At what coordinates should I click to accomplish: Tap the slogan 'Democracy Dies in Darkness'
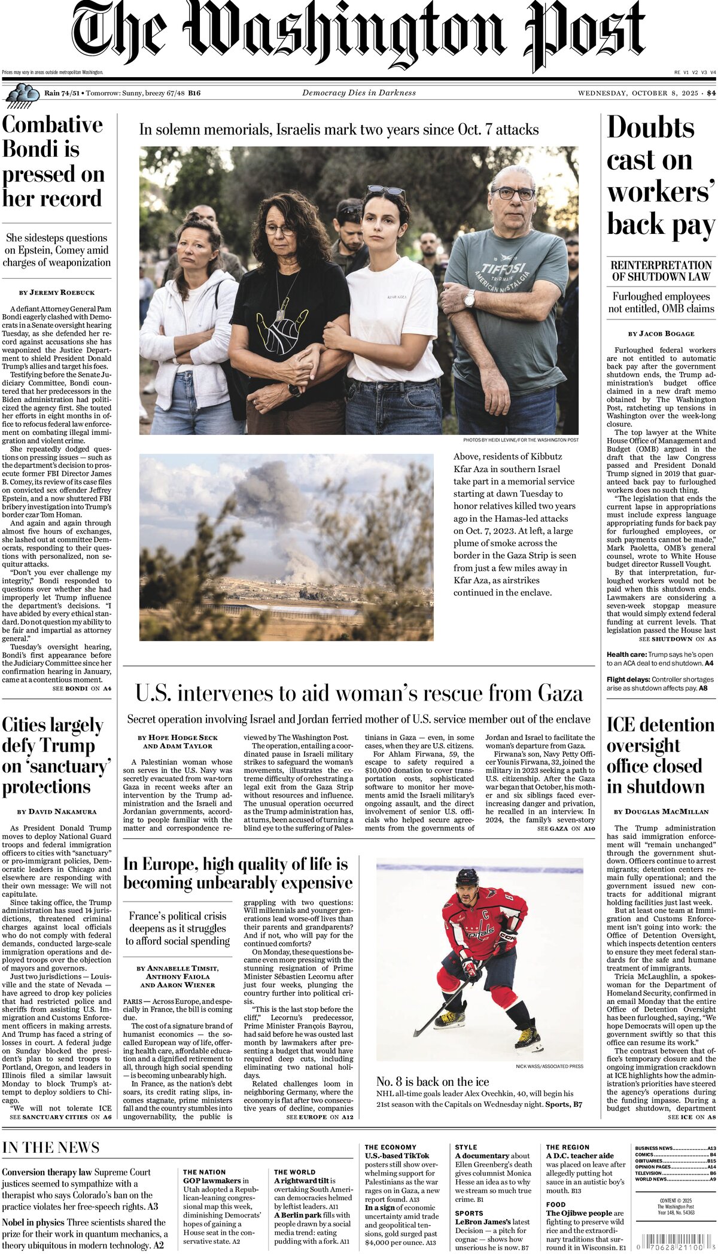359,93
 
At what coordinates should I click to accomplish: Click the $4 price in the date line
711,93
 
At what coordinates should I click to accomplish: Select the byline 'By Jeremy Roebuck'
56,293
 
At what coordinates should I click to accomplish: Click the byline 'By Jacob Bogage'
661,333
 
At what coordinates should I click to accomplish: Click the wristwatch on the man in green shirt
469,297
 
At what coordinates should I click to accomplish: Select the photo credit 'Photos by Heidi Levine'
521,440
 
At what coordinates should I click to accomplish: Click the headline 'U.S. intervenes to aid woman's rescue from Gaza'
359,693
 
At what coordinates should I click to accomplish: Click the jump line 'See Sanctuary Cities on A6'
60,1117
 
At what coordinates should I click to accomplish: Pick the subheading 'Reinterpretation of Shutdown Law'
661,271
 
